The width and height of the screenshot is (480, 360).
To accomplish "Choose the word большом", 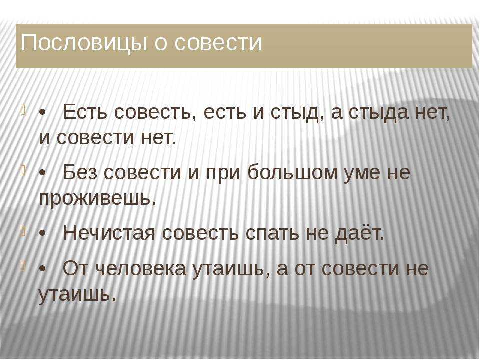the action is click(x=293, y=172).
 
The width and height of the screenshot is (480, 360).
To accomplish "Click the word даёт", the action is click(x=359, y=234).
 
